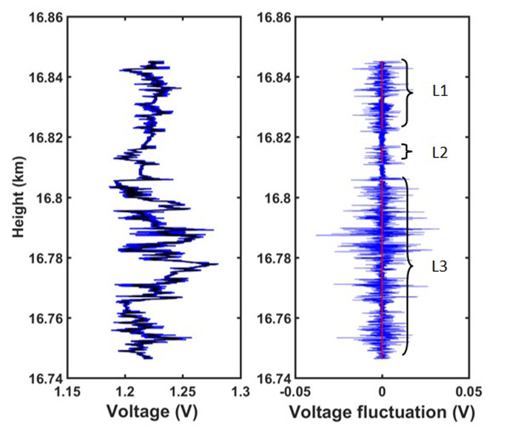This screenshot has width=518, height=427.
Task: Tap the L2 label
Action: (440, 153)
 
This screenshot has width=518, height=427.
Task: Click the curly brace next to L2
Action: (405, 151)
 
